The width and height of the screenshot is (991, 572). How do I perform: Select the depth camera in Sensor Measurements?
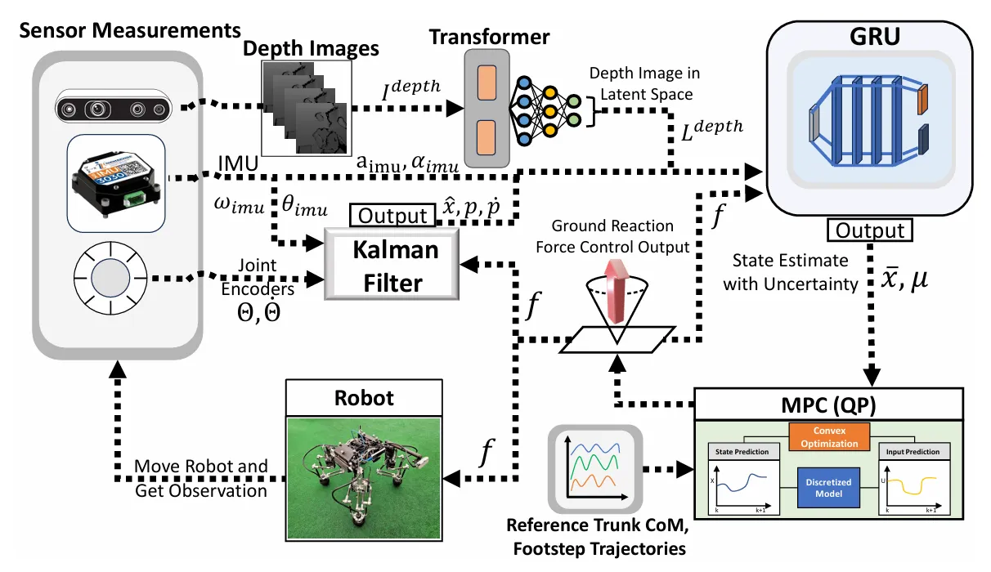[x=114, y=108]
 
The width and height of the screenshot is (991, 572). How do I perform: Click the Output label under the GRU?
[x=871, y=230]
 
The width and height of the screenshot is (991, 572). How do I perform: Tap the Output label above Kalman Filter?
[x=392, y=216]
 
